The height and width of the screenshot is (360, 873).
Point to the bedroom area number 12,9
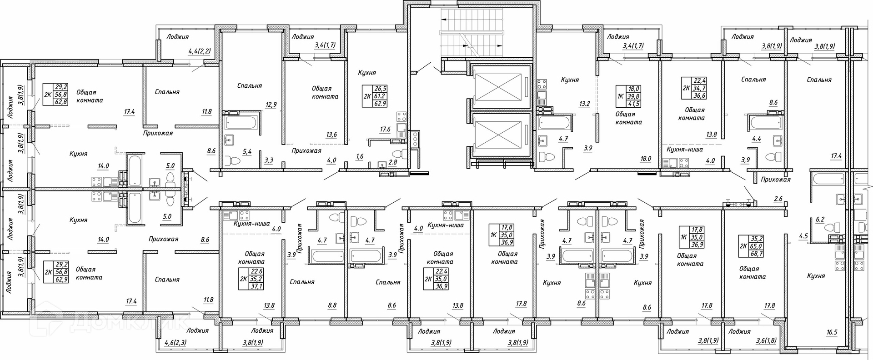pos(271,105)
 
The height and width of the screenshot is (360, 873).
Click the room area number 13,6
pos(331,135)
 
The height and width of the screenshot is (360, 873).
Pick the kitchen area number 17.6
pos(385,129)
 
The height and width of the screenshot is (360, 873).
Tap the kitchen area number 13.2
pos(584,104)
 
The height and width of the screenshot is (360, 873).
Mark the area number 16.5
pos(831,332)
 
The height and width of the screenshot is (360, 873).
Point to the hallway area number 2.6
pos(778,198)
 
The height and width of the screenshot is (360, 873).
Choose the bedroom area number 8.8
pos(332,306)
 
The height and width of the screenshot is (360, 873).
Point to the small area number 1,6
pos(360,157)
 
